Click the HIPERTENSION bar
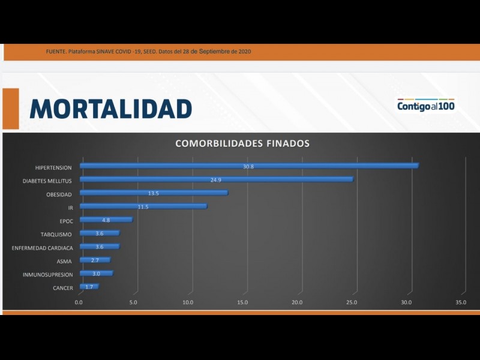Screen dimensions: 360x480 (248, 166)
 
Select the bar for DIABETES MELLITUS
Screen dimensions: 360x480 (216, 179)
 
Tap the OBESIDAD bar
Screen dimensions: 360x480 (154, 193)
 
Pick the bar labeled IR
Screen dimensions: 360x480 (143, 206)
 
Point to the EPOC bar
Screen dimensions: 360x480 (106, 220)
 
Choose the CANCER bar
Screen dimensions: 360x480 (89, 287)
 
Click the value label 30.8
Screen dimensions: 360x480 (248, 166)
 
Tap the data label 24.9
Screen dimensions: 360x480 (216, 179)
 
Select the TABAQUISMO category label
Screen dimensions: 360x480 (56, 235)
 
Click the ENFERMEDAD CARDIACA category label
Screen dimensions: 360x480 (42, 248)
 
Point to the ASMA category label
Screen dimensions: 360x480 (64, 262)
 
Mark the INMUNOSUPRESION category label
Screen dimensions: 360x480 (47, 275)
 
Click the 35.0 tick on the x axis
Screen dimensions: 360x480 (461, 302)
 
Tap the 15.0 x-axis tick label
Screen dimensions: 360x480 (242, 302)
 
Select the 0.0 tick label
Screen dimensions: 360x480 (79, 302)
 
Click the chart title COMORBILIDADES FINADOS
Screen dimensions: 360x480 (242, 144)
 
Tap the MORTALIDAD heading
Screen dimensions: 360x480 (110, 109)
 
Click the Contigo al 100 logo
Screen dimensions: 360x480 (425, 106)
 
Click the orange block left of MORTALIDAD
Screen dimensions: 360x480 (11, 109)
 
